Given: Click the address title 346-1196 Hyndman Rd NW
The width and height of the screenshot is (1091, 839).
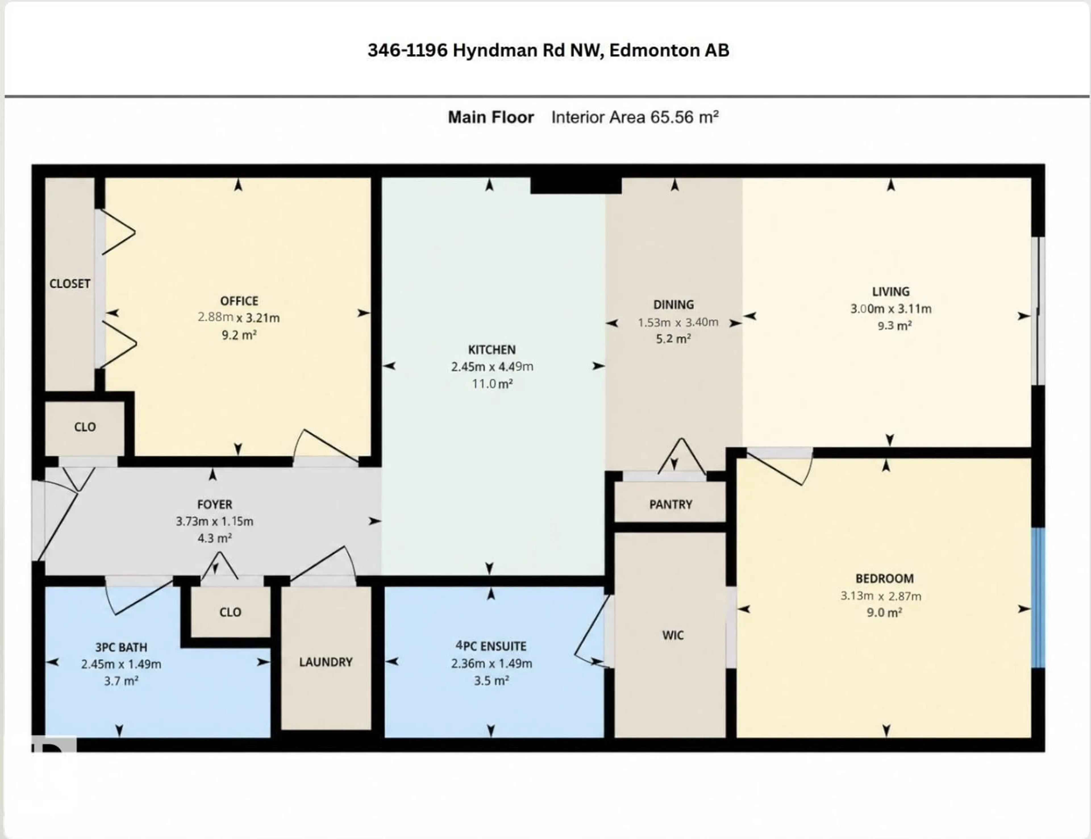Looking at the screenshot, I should pos(548,51).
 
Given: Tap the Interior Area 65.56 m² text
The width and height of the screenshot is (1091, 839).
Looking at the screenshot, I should pos(635,117).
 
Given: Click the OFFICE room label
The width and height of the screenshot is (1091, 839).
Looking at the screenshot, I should pos(239,301).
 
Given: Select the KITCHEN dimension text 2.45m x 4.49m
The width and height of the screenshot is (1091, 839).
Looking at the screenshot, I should pos(492,367).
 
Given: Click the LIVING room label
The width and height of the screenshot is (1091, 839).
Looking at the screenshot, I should pos(890,292).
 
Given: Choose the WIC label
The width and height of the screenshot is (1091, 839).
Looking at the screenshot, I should pos(672,635).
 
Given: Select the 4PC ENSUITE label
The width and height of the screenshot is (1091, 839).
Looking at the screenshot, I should pos(491,646).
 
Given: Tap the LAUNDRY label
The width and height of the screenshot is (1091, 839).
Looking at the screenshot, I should pos(326,662).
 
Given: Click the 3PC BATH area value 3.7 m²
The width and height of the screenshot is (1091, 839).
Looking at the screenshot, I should pos(121,681).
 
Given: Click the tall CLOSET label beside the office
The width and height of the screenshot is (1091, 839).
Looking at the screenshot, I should pos(69,284).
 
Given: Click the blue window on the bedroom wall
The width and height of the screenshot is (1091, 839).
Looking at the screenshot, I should pos(1038,597).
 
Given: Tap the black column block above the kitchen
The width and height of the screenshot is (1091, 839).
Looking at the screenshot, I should pos(575,185).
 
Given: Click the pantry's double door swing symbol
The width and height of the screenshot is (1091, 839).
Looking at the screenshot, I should pos(681,457).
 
